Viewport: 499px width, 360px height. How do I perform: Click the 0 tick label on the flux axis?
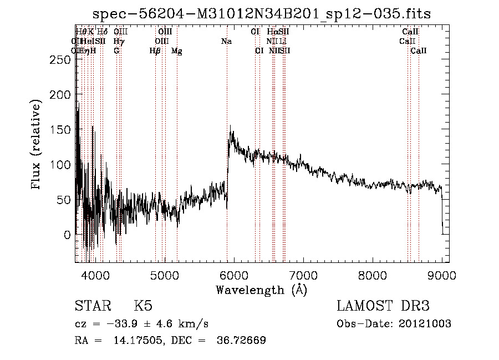click(x=67, y=235)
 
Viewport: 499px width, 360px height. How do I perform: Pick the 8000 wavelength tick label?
click(x=372, y=275)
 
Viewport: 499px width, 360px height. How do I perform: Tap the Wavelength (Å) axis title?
click(x=261, y=290)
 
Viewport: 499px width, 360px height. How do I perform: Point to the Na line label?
click(x=226, y=42)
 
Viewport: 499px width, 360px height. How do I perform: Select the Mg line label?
click(x=176, y=51)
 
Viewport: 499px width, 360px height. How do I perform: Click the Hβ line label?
click(x=155, y=51)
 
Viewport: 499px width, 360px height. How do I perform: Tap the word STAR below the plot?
click(x=92, y=306)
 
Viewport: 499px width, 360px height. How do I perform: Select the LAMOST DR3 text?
click(x=383, y=306)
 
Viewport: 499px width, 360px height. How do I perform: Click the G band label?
click(x=116, y=51)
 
